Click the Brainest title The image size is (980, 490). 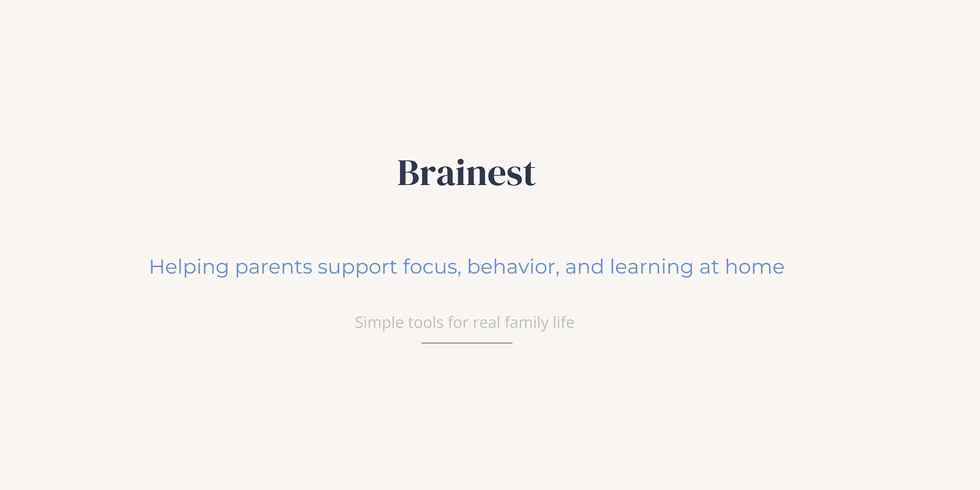coord(466,173)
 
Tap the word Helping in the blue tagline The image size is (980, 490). coord(189,267)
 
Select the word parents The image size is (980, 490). coord(273,268)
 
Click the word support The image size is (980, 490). coord(357,268)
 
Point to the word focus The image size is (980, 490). coord(430,267)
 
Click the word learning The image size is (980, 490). coord(652,267)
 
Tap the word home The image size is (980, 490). coord(755,266)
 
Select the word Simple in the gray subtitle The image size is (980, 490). coord(379,323)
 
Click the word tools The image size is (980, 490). coord(426,322)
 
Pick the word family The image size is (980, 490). coord(526,323)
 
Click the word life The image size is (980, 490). coord(563,322)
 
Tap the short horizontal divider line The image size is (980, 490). coord(467,343)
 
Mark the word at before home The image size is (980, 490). coord(709,267)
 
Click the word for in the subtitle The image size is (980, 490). coord(459,322)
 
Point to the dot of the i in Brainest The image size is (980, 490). coord(460,162)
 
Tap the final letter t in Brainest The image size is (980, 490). coord(528,175)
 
